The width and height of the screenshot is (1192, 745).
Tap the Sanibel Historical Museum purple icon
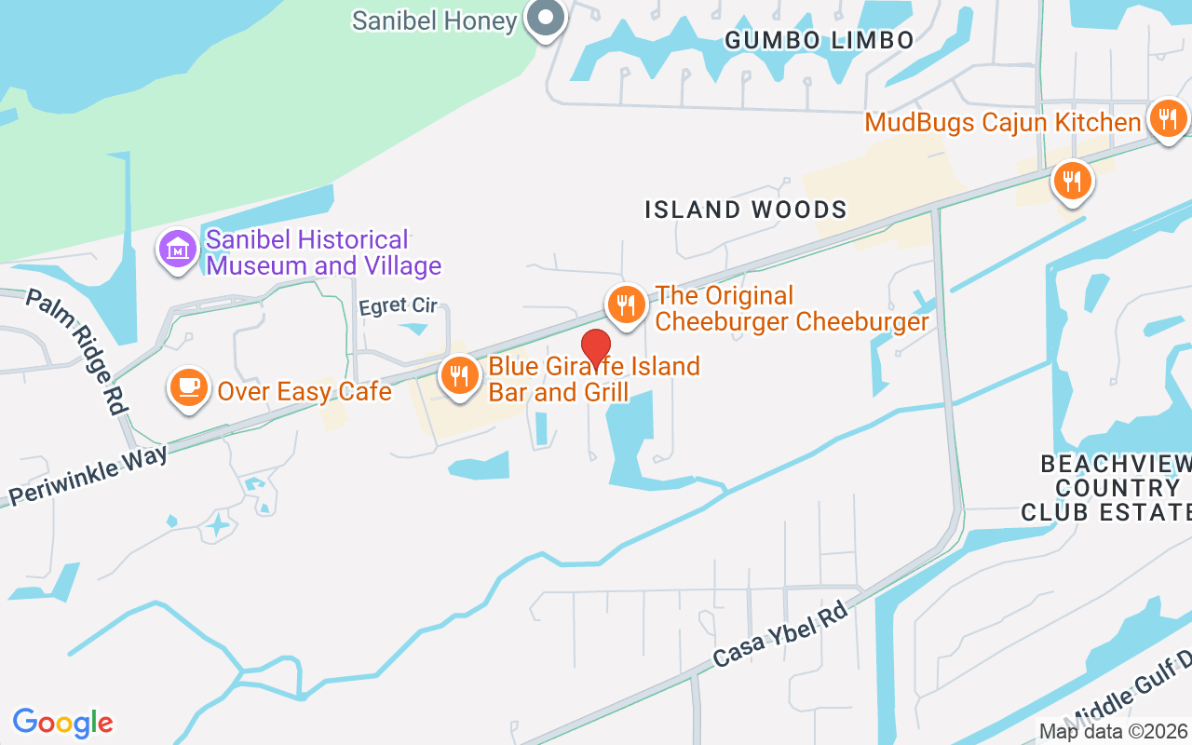[177, 250]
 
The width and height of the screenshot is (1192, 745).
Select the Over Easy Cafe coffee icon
[189, 387]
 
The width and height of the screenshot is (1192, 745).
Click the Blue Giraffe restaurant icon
[459, 376]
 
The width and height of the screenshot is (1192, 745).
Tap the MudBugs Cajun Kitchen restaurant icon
[1167, 119]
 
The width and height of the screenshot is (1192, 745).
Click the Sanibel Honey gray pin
[546, 19]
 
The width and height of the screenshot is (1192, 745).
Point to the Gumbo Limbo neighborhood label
[819, 40]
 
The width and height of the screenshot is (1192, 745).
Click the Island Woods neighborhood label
[746, 210]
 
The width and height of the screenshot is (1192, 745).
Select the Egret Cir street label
[399, 306]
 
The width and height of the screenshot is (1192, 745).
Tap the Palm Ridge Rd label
[76, 351]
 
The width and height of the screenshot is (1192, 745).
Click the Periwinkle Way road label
[88, 475]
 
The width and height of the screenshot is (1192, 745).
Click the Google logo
[62, 722]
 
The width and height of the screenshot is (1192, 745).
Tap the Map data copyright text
[1113, 732]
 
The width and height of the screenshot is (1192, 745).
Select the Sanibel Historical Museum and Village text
[323, 253]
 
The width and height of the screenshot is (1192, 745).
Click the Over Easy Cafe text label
[305, 391]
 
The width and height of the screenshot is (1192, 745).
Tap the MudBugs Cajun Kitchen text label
[1003, 122]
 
